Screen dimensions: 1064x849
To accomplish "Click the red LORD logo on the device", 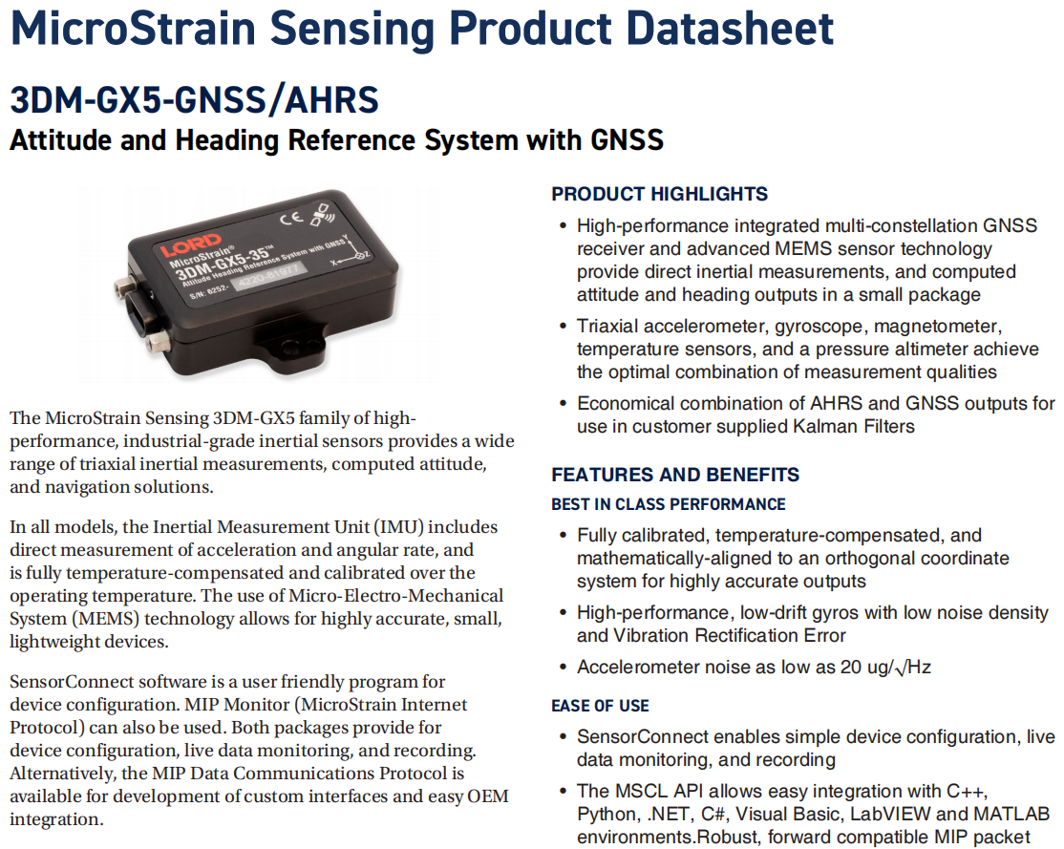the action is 191,245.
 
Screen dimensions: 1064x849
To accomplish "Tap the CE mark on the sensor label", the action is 291,219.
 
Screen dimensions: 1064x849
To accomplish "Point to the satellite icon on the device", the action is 323,213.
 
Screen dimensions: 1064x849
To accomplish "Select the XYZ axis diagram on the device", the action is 351,252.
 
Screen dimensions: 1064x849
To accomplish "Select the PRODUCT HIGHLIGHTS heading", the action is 660,194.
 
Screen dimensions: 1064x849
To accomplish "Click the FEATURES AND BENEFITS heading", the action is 675,475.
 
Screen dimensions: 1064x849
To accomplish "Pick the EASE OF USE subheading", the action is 600,706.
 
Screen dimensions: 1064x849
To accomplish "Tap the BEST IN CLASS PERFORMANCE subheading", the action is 669,504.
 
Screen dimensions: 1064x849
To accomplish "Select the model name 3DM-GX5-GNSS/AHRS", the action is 194,100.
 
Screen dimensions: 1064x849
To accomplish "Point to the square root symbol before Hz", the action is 901,669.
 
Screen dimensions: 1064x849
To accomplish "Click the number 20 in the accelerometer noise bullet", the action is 850,668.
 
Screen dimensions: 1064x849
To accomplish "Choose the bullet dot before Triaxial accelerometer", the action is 563,328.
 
